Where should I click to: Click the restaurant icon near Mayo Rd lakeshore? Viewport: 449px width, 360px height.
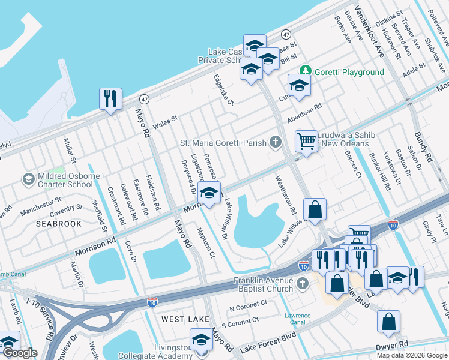coord(110,98)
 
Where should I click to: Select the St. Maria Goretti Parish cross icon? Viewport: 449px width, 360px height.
coord(276,142)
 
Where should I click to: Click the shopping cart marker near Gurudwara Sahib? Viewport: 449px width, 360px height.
coord(306,142)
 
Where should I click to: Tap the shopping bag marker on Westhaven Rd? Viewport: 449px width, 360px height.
coord(315,209)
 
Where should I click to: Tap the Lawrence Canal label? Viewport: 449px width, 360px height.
coord(297,319)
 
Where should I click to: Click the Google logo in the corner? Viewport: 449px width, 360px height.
coord(20,353)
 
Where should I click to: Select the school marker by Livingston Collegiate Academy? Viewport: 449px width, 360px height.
coord(201,339)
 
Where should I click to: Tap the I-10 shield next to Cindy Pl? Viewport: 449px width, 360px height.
coord(393,225)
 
